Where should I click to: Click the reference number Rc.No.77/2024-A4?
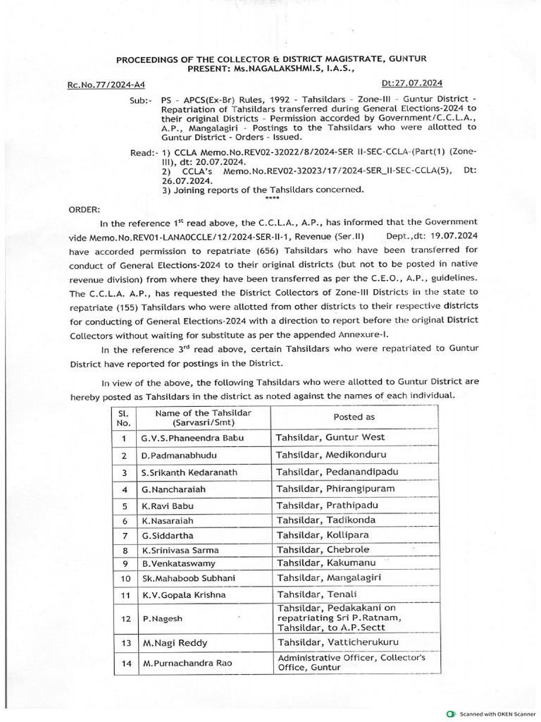(x=106, y=85)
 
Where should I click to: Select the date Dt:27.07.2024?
(x=412, y=83)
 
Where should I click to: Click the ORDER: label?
(x=85, y=209)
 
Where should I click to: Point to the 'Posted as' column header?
(x=354, y=417)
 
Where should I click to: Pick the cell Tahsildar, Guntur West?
(x=330, y=437)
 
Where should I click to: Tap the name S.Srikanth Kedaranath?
(x=189, y=472)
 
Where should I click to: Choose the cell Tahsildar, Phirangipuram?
(x=335, y=489)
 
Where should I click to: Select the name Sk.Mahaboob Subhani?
(x=188, y=578)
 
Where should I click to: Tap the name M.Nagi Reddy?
(x=173, y=644)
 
